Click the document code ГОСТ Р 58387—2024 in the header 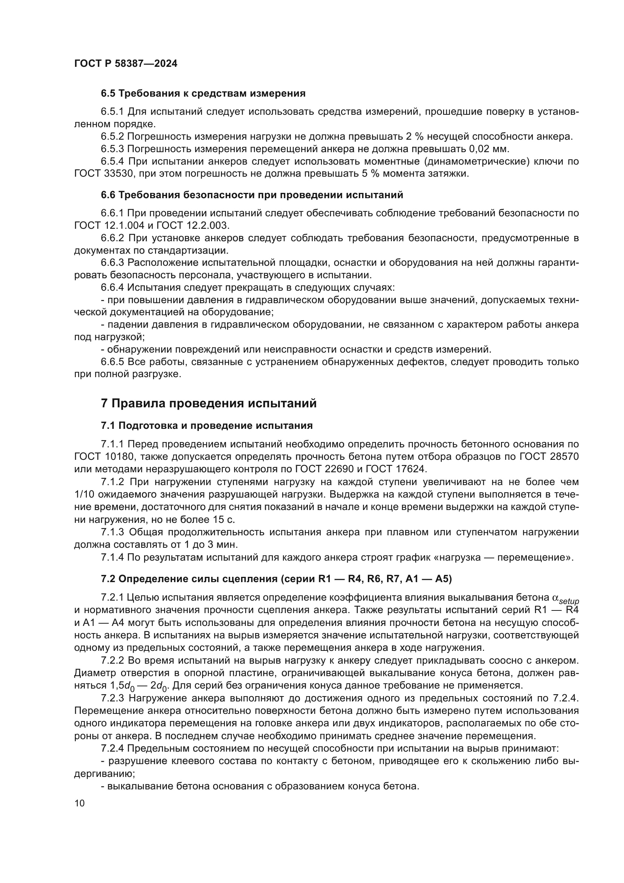click(x=126, y=64)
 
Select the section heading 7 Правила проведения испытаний click(x=209, y=404)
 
